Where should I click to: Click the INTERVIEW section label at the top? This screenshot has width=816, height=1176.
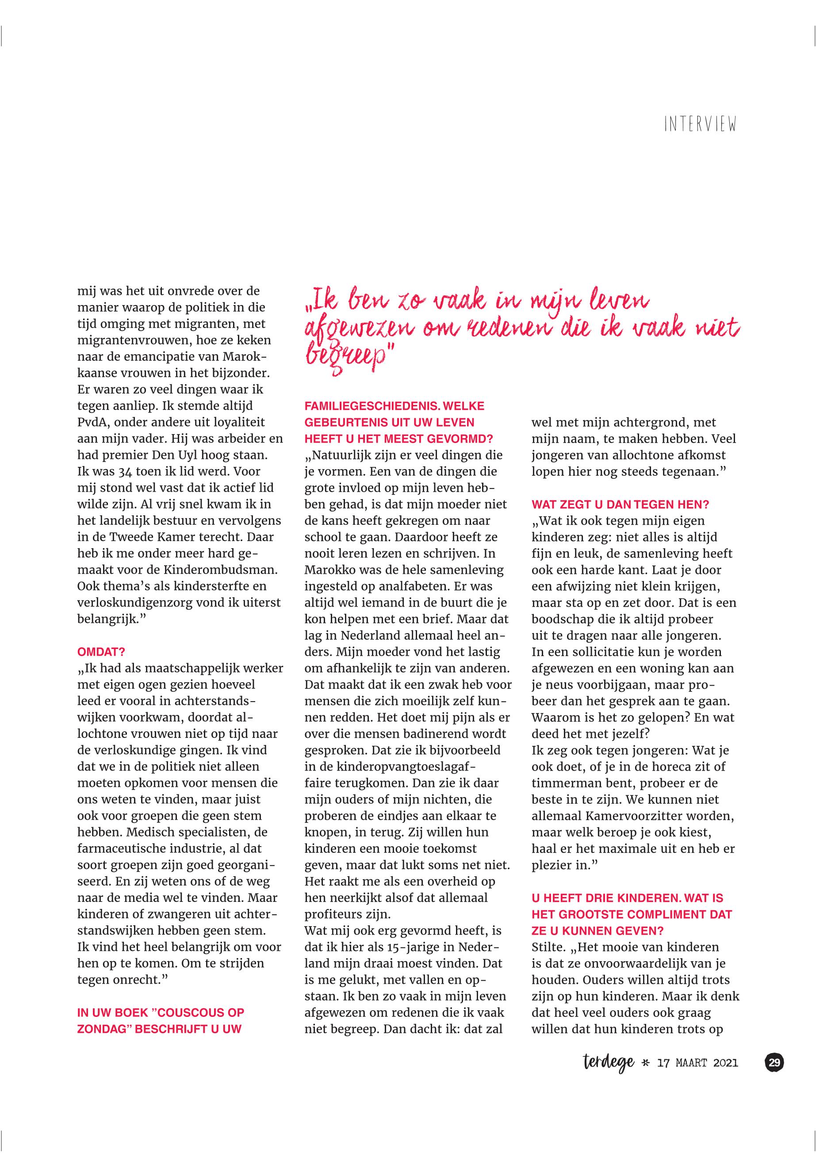point(700,125)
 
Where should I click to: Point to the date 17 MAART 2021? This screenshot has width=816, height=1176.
point(698,1064)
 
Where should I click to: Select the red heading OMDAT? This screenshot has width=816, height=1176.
point(101,652)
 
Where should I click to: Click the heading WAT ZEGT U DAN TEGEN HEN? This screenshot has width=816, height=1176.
point(620,504)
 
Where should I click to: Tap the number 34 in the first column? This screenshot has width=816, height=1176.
point(126,471)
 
